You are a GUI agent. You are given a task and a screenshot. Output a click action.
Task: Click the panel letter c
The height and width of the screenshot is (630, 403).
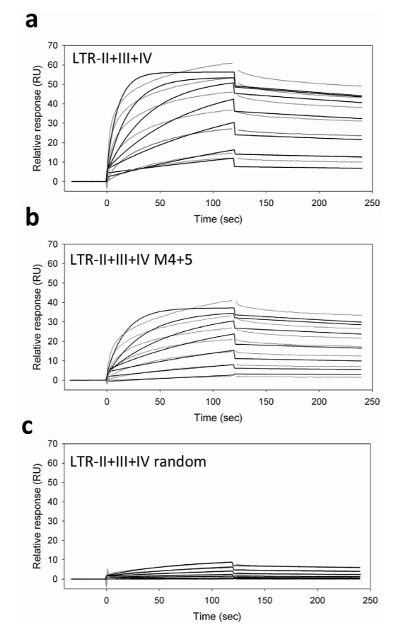[28, 426]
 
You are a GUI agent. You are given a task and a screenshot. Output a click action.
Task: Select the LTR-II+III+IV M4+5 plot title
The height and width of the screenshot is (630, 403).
[132, 260]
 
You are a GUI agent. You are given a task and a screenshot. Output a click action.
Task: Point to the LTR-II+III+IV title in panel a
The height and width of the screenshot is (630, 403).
[112, 59]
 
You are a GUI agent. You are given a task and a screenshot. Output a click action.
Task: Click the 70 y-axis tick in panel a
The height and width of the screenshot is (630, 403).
[52, 45]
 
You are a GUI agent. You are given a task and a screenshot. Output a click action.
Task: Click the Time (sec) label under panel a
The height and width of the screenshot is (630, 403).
[218, 219]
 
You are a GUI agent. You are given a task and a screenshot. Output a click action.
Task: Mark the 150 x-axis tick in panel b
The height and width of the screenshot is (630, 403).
[266, 401]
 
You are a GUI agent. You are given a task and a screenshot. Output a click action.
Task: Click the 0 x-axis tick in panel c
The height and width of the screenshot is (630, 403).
[106, 600]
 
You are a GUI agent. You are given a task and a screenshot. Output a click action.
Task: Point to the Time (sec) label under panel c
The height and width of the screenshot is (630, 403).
[217, 617]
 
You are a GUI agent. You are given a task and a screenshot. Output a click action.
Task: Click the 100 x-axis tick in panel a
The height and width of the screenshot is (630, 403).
[213, 202]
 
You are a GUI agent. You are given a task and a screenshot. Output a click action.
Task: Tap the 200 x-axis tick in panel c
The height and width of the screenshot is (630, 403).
[318, 600]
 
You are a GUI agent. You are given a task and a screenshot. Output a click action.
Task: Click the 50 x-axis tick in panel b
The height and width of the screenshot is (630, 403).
[160, 401]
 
